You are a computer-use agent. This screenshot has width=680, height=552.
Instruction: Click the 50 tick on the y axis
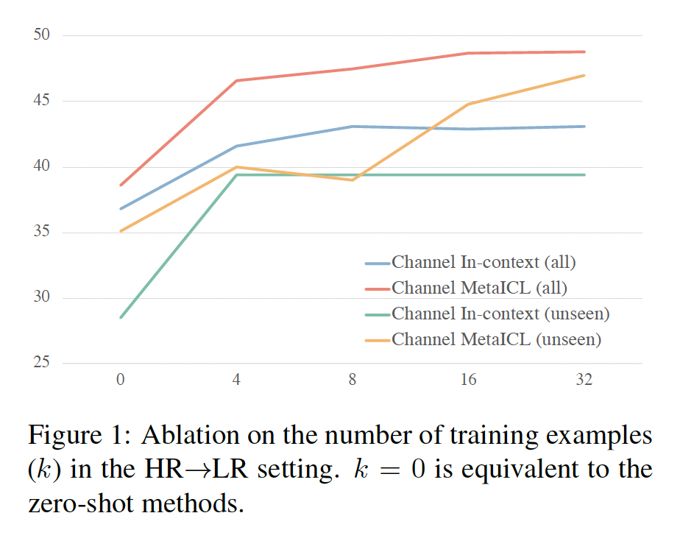pos(40,35)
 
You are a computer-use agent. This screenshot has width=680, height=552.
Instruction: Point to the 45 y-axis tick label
pos(40,101)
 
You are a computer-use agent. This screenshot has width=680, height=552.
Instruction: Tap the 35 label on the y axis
pos(40,233)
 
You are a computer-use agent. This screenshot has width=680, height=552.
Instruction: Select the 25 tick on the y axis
pos(40,364)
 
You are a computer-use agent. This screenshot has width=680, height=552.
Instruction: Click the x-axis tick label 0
pos(120,380)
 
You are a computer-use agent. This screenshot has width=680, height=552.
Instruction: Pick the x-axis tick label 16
pos(468,380)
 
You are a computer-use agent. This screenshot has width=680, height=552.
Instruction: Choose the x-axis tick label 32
pos(584,380)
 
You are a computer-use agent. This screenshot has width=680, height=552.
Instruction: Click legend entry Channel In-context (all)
pos(483,262)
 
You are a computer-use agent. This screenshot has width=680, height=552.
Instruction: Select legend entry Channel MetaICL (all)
pos(479,288)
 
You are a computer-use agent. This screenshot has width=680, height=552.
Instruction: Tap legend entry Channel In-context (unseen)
pos(500,314)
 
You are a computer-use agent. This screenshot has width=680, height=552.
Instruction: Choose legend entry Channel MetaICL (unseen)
pos(496,339)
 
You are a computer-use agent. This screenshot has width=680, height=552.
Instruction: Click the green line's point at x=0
pos(120,317)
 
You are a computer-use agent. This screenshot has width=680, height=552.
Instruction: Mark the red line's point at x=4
pos(236,80)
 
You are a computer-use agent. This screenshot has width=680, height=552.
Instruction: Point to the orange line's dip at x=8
pos(353,180)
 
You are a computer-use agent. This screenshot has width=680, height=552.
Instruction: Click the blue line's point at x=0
pos(120,208)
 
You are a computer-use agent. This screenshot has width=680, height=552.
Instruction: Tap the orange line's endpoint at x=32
pos(584,75)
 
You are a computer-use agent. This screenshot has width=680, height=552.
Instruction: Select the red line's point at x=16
pos(468,53)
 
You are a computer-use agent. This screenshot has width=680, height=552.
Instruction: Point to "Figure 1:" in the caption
pos(77,436)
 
